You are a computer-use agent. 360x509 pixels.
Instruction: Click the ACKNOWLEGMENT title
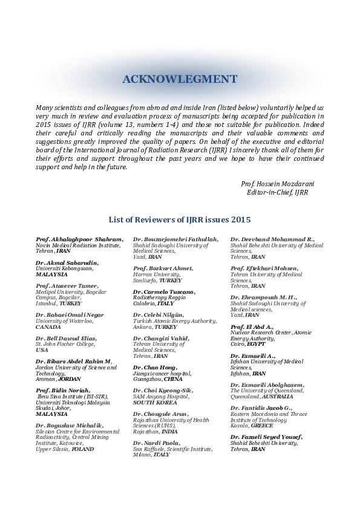[180, 79]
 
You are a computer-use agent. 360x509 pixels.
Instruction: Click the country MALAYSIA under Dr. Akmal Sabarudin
[52, 274]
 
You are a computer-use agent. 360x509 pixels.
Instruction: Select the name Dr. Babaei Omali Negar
[70, 315]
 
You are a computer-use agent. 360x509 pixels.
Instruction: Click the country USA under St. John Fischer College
[42, 349]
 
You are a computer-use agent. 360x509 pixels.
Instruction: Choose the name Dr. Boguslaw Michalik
[70, 426]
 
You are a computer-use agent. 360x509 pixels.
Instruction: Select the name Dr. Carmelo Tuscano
[164, 292]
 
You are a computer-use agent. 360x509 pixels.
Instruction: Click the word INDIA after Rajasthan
[169, 432]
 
